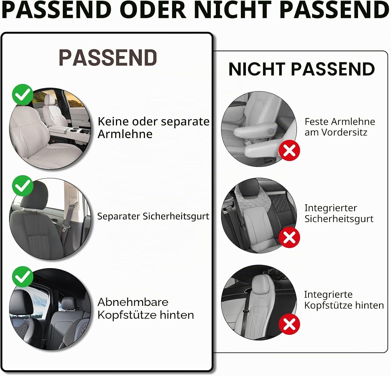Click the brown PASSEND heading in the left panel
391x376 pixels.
coord(108,57)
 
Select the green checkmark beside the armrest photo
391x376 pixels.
coord(23,95)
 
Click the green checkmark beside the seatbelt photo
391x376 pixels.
coord(23,186)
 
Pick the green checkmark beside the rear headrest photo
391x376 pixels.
coord(23,277)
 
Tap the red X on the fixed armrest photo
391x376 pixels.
coord(289,150)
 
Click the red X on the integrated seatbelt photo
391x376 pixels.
coord(289,237)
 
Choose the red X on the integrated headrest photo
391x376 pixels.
coord(289,324)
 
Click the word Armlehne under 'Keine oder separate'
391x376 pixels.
coord(125,134)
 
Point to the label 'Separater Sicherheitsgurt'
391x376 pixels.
coord(153,216)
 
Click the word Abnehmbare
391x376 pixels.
coord(133,302)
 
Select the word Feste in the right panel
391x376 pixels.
coord(314,121)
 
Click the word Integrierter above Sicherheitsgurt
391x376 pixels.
coord(331,208)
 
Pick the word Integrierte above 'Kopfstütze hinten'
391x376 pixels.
coord(328,294)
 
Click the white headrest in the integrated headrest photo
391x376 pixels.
coord(261,285)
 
